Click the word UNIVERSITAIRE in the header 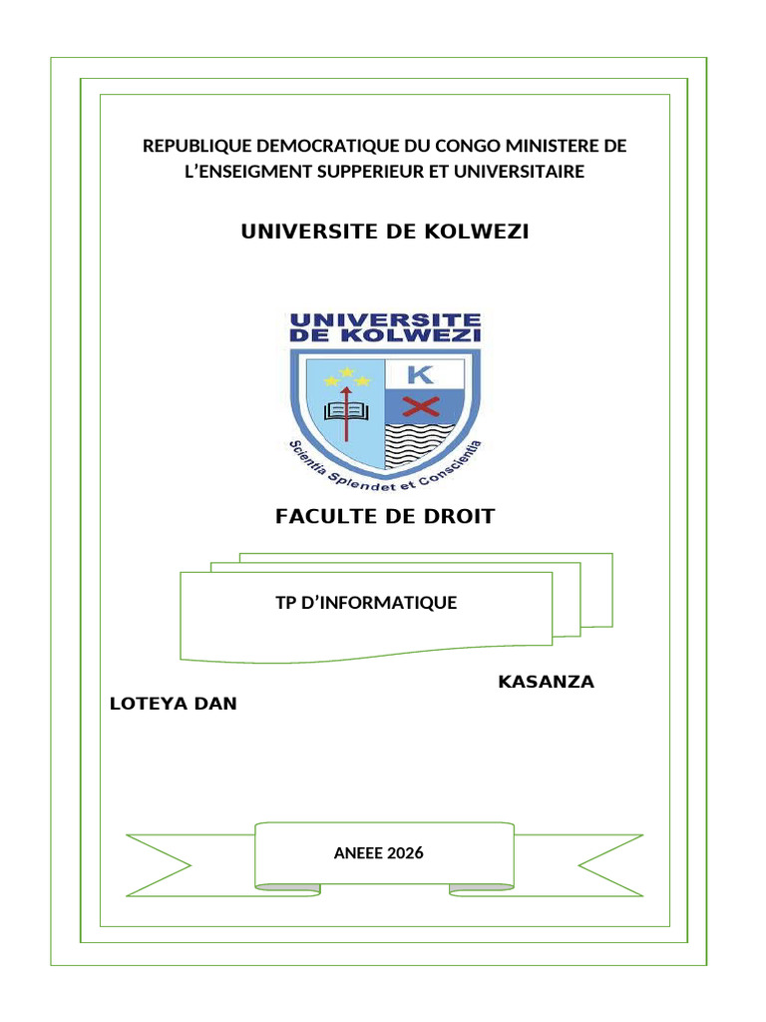519,172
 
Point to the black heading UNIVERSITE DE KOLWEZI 385,232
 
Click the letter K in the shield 421,375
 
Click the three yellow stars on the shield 346,376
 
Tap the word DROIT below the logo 459,516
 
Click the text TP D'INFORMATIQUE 366,602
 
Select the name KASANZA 546,682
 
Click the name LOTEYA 150,704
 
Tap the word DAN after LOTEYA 215,704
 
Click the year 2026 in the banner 406,852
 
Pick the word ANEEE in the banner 358,852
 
